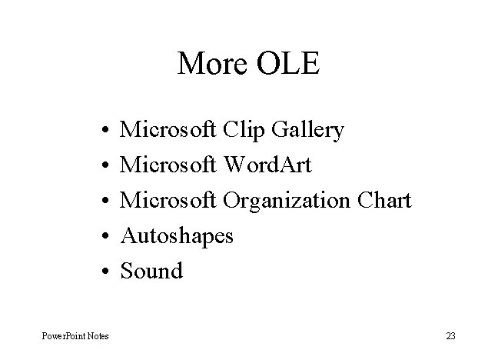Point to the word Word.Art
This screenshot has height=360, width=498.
(x=267, y=165)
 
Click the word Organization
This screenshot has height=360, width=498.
(x=287, y=201)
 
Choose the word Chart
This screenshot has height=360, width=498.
(x=385, y=200)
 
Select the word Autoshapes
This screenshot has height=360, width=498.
(x=178, y=236)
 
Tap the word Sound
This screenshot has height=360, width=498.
(x=152, y=271)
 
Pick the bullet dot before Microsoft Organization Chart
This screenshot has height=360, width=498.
(x=102, y=202)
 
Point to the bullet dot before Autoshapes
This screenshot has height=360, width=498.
(x=102, y=236)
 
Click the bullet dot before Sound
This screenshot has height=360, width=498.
(x=102, y=272)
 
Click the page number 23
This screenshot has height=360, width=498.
(x=450, y=336)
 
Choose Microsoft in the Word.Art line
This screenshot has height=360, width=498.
(x=170, y=165)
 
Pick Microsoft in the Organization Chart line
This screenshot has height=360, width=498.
(x=170, y=200)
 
